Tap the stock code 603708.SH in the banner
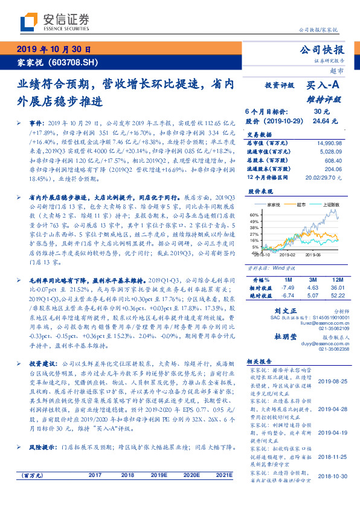[70, 62]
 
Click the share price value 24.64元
[321, 121]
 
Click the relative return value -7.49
[288, 288]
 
